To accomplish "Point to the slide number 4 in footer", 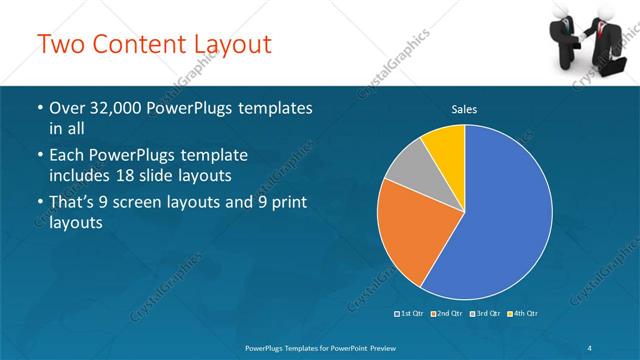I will [589, 346].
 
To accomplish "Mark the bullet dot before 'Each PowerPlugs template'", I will [39, 157].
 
